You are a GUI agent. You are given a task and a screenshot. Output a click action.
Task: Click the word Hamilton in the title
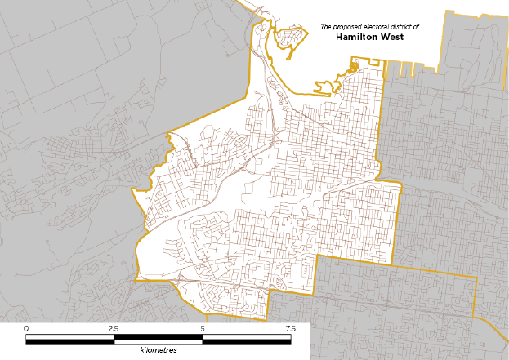pyautogui.click(x=358, y=37)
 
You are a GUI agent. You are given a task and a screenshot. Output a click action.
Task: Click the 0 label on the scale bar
pyautogui.click(x=27, y=328)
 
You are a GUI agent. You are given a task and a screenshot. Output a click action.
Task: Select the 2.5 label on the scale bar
pyautogui.click(x=114, y=328)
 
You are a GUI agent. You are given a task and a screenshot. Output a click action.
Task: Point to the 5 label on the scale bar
pyautogui.click(x=203, y=328)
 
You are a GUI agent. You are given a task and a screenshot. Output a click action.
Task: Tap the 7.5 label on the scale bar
pyautogui.click(x=290, y=328)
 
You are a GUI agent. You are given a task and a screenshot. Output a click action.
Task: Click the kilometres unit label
pyautogui.click(x=158, y=349)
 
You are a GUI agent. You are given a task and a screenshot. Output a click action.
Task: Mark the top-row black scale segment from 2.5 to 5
pyautogui.click(x=159, y=336)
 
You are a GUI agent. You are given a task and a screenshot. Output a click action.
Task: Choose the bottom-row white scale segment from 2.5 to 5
pyautogui.click(x=159, y=340)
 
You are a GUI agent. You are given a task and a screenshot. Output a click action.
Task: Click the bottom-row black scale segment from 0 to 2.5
pyautogui.click(x=70, y=340)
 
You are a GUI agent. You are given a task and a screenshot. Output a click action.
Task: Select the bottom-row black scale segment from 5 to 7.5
pyautogui.click(x=246, y=340)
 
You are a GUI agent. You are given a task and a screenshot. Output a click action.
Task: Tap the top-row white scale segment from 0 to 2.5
pyautogui.click(x=70, y=336)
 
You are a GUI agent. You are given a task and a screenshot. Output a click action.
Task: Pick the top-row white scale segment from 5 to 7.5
pyautogui.click(x=246, y=336)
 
